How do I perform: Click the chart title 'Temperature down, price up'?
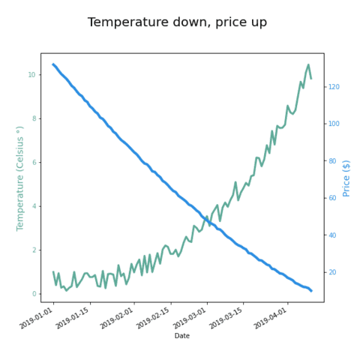click(x=177, y=22)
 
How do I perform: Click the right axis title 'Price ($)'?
click(x=346, y=178)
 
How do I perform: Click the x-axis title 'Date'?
click(x=182, y=336)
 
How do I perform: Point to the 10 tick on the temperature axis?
click(x=31, y=75)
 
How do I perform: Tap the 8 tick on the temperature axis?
click(x=34, y=118)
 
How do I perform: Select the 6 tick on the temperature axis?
click(x=34, y=163)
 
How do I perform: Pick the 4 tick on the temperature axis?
click(x=34, y=206)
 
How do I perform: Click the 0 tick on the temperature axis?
click(x=34, y=294)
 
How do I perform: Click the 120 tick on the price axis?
click(x=334, y=87)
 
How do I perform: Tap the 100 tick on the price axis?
click(x=334, y=124)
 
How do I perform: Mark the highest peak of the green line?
click(x=308, y=65)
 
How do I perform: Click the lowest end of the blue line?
click(x=311, y=291)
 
